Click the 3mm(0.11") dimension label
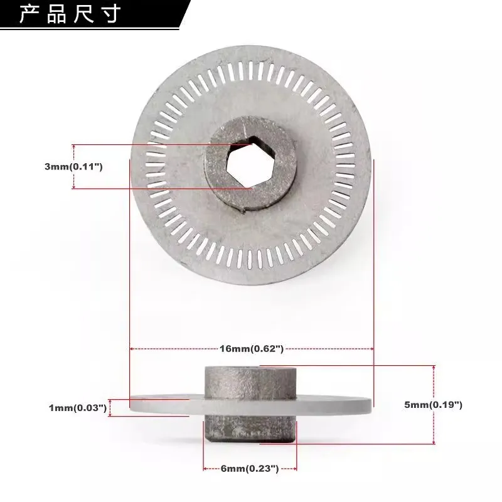[73, 167]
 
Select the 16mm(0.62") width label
[252, 348]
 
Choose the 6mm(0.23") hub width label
[250, 468]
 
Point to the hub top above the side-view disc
[250, 379]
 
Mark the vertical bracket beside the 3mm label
[74, 166]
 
